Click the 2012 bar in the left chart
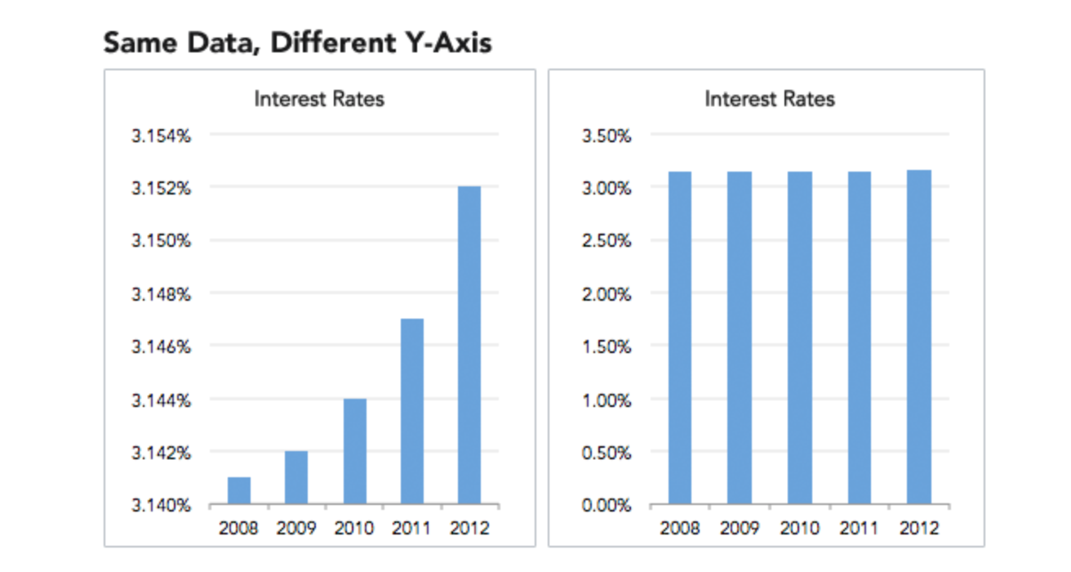click(469, 345)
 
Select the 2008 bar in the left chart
click(238, 490)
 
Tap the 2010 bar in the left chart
click(354, 451)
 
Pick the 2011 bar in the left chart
click(411, 411)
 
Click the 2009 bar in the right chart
click(740, 337)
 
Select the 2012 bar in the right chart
click(919, 337)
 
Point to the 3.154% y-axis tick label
click(161, 136)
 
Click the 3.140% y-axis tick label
click(161, 506)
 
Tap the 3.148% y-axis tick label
click(161, 294)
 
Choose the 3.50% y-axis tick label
click(606, 136)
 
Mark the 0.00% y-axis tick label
click(606, 506)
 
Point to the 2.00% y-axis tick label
click(606, 294)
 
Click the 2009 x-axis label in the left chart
click(296, 529)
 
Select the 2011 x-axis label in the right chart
click(860, 529)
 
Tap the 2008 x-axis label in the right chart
click(680, 529)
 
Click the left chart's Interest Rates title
click(319, 100)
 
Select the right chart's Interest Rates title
click(770, 100)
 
